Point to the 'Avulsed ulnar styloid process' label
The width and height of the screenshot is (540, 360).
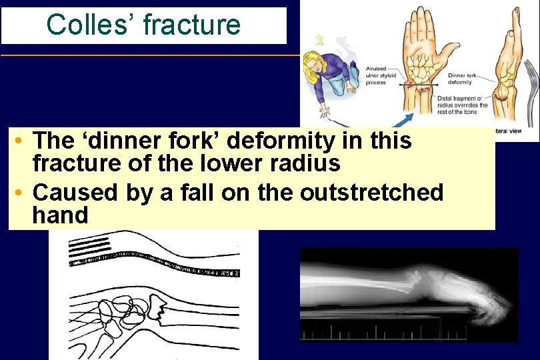pyautogui.click(x=381, y=75)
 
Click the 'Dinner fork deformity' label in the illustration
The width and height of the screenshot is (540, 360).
pyautogui.click(x=461, y=79)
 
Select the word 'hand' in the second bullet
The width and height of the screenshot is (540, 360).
pyautogui.click(x=60, y=215)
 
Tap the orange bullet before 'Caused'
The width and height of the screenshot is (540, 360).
pyautogui.click(x=21, y=193)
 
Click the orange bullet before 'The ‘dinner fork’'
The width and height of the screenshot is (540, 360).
pyautogui.click(x=21, y=141)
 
